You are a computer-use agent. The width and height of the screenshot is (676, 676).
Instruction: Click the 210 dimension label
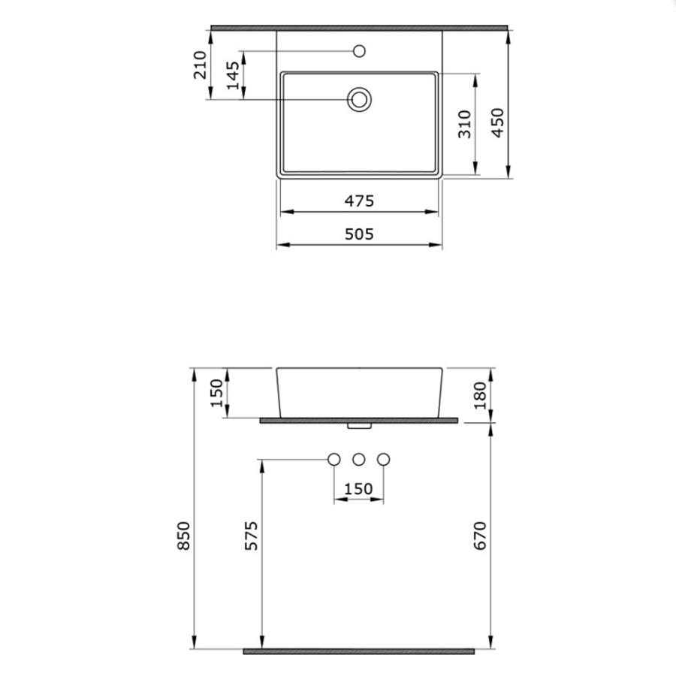click(200, 65)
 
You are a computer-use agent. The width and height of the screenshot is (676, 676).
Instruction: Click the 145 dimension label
click(233, 75)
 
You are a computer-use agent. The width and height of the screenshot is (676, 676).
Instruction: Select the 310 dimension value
click(465, 124)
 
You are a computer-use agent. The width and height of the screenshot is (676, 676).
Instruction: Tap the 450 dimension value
click(497, 123)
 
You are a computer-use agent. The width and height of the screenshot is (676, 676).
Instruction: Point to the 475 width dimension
click(359, 201)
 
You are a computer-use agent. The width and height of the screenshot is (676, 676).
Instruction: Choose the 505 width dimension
click(359, 234)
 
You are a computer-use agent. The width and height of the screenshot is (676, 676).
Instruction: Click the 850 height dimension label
click(184, 536)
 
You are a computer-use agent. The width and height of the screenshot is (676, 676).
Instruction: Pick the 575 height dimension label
click(252, 536)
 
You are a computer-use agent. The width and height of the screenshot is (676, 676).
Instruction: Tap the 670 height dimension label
click(480, 536)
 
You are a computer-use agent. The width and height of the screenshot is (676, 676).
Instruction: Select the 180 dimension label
click(480, 395)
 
